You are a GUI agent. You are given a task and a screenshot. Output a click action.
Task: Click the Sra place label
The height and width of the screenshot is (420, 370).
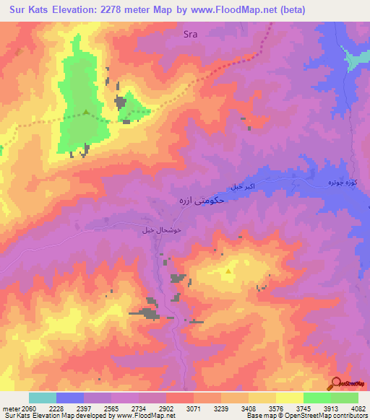(x=191, y=33)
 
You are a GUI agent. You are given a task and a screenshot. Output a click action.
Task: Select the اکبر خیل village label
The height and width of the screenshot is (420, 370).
(x=244, y=186)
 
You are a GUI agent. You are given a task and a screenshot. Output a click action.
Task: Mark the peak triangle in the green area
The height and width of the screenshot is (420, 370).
(x=86, y=112)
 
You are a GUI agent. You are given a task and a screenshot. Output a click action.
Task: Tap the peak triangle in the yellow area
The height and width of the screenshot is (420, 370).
(x=228, y=271)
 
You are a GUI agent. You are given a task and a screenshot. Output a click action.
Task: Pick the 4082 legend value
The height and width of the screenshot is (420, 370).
(x=358, y=409)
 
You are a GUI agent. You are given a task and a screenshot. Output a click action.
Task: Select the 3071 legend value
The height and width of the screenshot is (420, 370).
(x=178, y=409)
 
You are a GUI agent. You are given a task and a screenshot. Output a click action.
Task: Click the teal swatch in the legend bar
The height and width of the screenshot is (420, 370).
(x=43, y=398)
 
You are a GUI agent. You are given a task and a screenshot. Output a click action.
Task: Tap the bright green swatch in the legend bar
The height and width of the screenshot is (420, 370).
(x=317, y=398)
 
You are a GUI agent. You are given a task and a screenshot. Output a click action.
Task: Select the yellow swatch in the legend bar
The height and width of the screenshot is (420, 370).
(x=289, y=398)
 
